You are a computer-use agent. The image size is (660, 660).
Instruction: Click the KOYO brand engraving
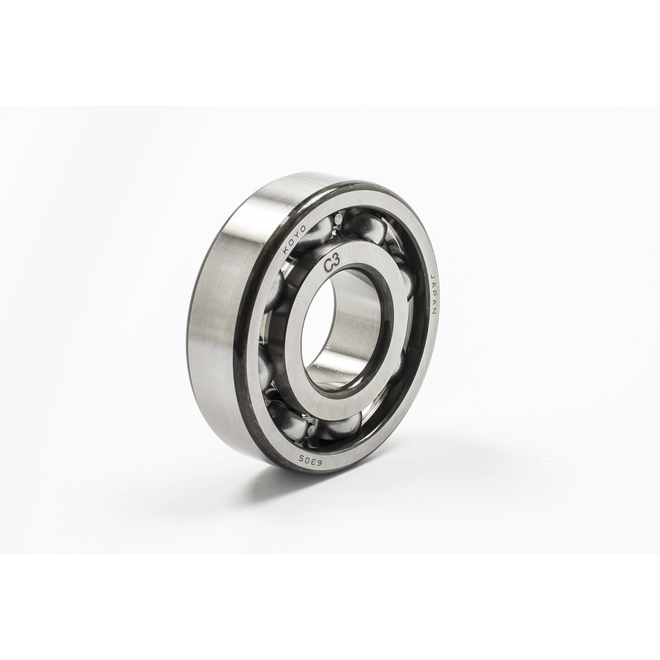click(x=295, y=238)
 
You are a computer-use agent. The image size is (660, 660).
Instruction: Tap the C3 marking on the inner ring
click(x=333, y=265)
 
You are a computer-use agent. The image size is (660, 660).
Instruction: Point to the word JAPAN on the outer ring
click(x=434, y=295)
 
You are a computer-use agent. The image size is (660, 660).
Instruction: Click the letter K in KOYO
click(x=286, y=250)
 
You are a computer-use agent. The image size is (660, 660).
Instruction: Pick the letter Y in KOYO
click(x=298, y=234)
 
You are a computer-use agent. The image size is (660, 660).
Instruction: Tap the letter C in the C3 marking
click(x=328, y=266)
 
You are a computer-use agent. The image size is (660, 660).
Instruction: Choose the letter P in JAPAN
click(x=435, y=295)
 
